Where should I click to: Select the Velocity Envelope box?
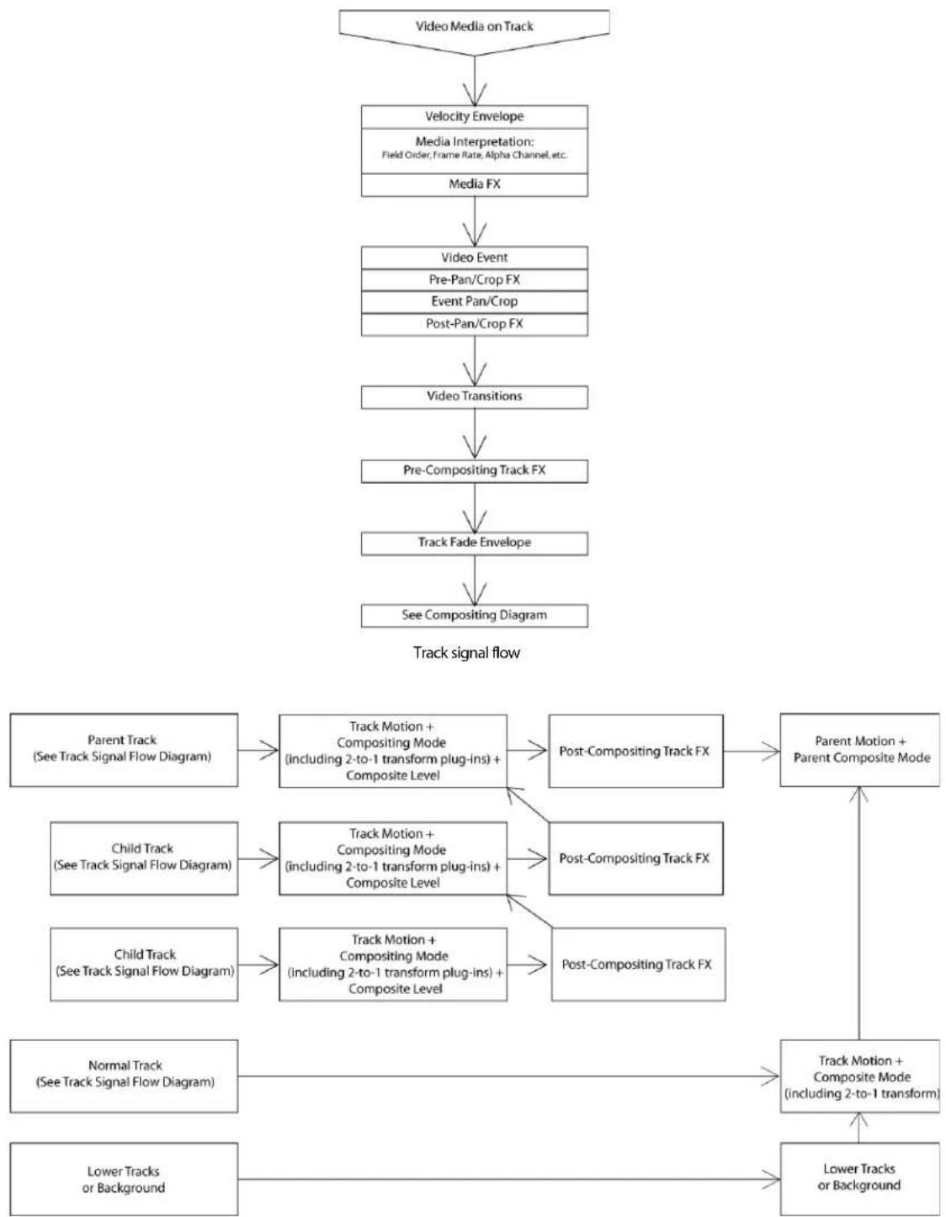[x=474, y=117]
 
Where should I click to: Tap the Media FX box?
[x=474, y=185]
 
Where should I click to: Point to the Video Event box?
[x=474, y=258]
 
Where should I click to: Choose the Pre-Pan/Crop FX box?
[x=474, y=280]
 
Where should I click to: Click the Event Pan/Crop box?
[x=474, y=302]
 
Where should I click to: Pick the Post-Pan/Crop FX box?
[x=474, y=324]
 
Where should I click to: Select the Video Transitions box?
[x=474, y=396]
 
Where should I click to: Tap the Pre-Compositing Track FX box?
[x=474, y=471]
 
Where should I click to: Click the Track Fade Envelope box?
[x=474, y=543]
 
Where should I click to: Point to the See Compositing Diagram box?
[x=474, y=615]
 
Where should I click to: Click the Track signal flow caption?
[x=466, y=652]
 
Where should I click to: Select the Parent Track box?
[x=124, y=749]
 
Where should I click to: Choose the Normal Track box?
[x=124, y=1076]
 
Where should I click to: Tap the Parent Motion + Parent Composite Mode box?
[x=860, y=749]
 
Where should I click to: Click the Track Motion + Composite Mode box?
[x=860, y=1076]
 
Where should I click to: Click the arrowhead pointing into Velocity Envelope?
[x=475, y=95]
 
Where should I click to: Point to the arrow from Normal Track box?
[x=508, y=1076]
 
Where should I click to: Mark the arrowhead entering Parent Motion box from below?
[x=859, y=795]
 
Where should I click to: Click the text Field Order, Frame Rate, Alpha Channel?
[x=474, y=155]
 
